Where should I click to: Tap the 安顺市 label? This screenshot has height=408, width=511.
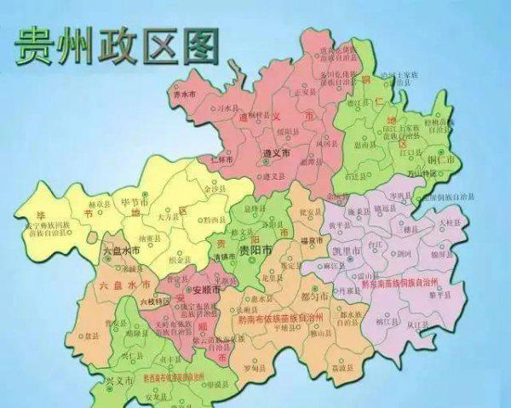204,290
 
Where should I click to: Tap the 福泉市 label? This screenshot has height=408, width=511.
312,242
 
